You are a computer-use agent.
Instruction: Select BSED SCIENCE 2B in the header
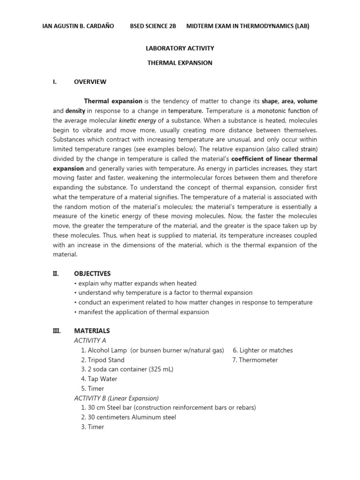pyautogui.click(x=153, y=26)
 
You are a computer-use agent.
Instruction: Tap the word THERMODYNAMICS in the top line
pyautogui.click(x=255, y=26)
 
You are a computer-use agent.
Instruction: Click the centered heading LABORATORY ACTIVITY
pyautogui.click(x=180, y=48)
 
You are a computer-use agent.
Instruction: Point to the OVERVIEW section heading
pyautogui.click(x=90, y=82)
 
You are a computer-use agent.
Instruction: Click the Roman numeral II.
pyautogui.click(x=55, y=273)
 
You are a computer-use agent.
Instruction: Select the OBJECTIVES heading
pyautogui.click(x=92, y=273)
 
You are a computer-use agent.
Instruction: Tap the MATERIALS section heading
pyautogui.click(x=92, y=331)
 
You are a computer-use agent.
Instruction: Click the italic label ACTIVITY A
pyautogui.click(x=90, y=340)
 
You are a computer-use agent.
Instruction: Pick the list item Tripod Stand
pyautogui.click(x=106, y=360)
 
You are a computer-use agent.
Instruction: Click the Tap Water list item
pyautogui.click(x=102, y=379)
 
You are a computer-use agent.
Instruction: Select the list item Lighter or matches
pyautogui.click(x=266, y=350)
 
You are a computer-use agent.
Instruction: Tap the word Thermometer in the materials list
pyautogui.click(x=259, y=360)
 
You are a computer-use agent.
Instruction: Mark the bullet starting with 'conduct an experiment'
pyautogui.click(x=193, y=302)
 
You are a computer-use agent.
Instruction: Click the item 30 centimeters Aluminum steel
pyautogui.click(x=132, y=417)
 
